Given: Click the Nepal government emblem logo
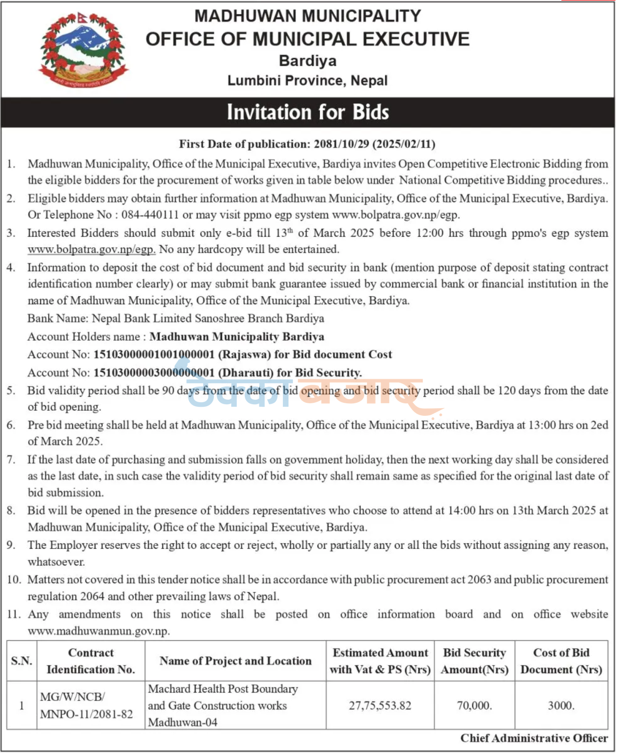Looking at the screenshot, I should [x=83, y=50].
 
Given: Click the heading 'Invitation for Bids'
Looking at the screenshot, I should [x=307, y=112].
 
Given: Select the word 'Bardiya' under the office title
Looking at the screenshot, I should [x=307, y=61].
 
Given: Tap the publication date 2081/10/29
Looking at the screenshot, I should [x=341, y=144].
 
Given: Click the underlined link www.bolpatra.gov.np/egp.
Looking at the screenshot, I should [x=91, y=249].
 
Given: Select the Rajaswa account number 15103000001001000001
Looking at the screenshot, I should [x=154, y=355].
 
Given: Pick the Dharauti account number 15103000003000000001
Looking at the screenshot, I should [x=154, y=373].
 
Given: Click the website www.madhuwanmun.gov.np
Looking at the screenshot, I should [x=98, y=631].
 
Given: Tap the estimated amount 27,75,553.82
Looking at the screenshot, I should [x=380, y=705].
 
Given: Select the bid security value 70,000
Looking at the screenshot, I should [x=474, y=705].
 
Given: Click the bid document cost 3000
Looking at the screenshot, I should [x=561, y=705].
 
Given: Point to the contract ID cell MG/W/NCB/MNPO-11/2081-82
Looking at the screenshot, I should [x=87, y=705].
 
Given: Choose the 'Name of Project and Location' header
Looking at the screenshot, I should [x=235, y=661].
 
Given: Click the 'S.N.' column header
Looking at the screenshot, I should [x=22, y=661].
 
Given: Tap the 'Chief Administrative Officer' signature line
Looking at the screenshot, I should [x=534, y=738].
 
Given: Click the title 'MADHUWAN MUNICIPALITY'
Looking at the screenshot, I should [x=307, y=16].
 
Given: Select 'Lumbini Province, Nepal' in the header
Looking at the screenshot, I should [x=307, y=81].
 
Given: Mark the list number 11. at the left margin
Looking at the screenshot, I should [x=14, y=614].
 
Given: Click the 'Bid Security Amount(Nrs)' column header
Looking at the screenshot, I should [x=474, y=661].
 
